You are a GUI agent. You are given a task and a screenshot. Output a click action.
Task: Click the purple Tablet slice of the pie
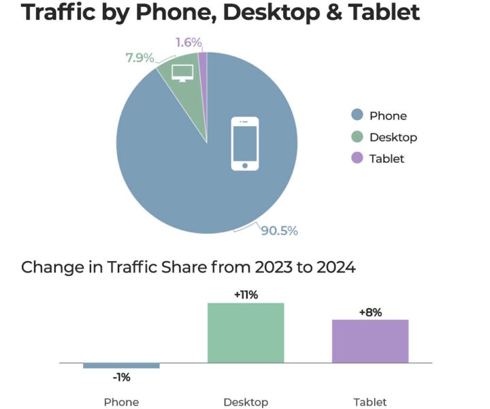(x=203, y=61)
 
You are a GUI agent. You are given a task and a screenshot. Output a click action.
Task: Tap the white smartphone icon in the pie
(x=245, y=144)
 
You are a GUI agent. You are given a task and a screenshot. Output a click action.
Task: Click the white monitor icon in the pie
(x=182, y=73)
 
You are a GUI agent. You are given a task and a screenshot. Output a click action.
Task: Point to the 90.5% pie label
(x=279, y=230)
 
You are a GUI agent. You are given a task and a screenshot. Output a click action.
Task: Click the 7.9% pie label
(x=139, y=57)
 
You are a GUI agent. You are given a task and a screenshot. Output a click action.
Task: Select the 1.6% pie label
(x=189, y=42)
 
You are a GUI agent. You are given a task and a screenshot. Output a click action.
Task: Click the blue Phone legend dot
(x=357, y=115)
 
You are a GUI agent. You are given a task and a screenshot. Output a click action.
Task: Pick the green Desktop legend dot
(x=357, y=137)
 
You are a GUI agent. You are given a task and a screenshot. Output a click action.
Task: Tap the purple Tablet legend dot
(x=357, y=158)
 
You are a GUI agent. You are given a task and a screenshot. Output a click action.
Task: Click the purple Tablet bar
(x=370, y=341)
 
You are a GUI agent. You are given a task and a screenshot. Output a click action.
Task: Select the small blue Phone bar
(x=121, y=365)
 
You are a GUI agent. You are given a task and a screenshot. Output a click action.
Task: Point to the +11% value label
(x=245, y=295)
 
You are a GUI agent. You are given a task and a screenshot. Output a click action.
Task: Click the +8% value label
(x=370, y=312)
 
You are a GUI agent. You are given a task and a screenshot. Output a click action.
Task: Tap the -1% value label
(x=121, y=377)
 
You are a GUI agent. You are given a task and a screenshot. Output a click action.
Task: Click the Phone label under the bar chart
(x=121, y=402)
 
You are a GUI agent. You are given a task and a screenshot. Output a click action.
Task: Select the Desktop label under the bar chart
(x=246, y=402)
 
